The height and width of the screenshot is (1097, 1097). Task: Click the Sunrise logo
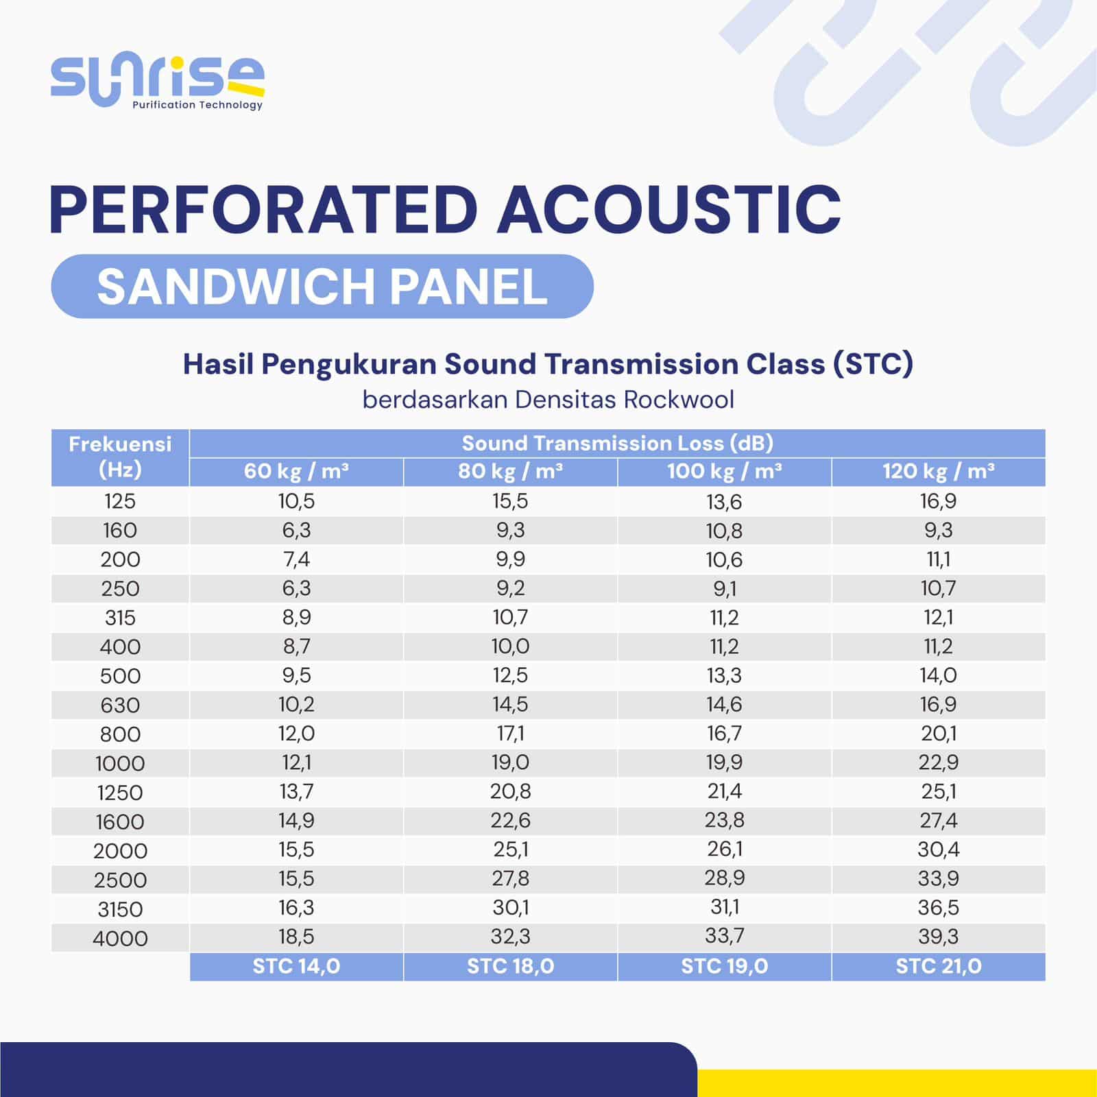[x=158, y=83]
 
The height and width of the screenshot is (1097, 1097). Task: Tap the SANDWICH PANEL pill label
[x=322, y=287]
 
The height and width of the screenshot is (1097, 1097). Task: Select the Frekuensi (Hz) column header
[x=120, y=457]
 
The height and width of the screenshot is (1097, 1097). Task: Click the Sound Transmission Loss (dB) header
[x=618, y=444]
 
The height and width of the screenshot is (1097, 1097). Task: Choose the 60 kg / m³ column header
[x=296, y=472]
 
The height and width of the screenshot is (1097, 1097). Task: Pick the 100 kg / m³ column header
[x=725, y=472]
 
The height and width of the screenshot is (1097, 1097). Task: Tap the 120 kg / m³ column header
[x=939, y=472]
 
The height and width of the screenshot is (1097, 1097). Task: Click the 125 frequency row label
[x=120, y=501]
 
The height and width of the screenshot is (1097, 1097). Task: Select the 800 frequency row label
[x=120, y=734]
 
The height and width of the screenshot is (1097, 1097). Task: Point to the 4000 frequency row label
[x=120, y=939]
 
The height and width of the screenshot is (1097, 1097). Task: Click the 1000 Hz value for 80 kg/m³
[x=511, y=762]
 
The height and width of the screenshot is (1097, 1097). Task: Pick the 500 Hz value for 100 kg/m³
[x=725, y=675]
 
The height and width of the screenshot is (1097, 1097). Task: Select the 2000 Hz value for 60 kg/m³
[x=296, y=849]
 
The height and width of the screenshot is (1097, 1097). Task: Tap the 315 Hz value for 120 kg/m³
[x=939, y=617]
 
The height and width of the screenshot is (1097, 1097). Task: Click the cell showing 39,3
[x=939, y=937]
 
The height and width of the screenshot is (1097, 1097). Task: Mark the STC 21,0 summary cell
[x=939, y=967]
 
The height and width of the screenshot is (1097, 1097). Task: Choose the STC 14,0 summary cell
[x=296, y=967]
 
